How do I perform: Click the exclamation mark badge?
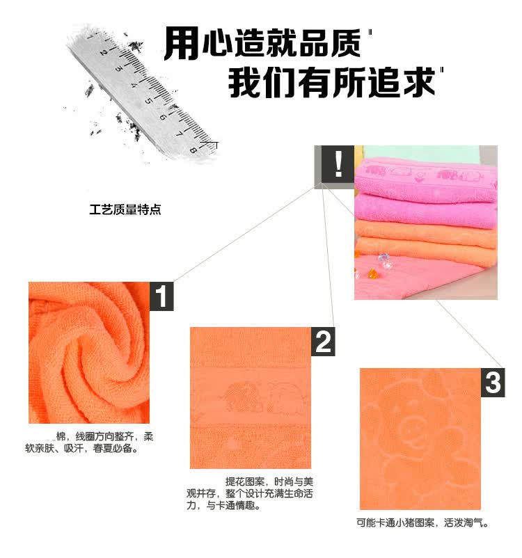click(338, 164)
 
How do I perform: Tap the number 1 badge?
click(161, 296)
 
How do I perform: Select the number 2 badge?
click(323, 342)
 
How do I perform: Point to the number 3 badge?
click(493, 383)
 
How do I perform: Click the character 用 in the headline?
click(182, 43)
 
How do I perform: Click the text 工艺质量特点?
click(125, 209)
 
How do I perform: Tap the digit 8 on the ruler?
click(193, 150)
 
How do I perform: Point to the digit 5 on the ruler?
click(148, 101)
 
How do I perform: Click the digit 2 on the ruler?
click(103, 52)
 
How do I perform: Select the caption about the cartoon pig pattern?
click(422, 523)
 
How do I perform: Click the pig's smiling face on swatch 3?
click(413, 426)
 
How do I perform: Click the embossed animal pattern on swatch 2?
click(262, 397)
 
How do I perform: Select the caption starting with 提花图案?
click(250, 493)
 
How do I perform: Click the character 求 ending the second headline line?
click(420, 83)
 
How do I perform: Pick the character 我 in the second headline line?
click(245, 83)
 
